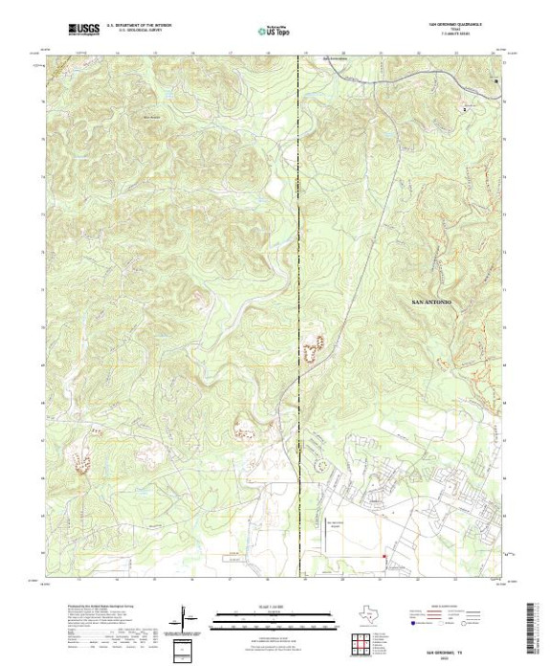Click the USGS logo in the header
84,31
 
